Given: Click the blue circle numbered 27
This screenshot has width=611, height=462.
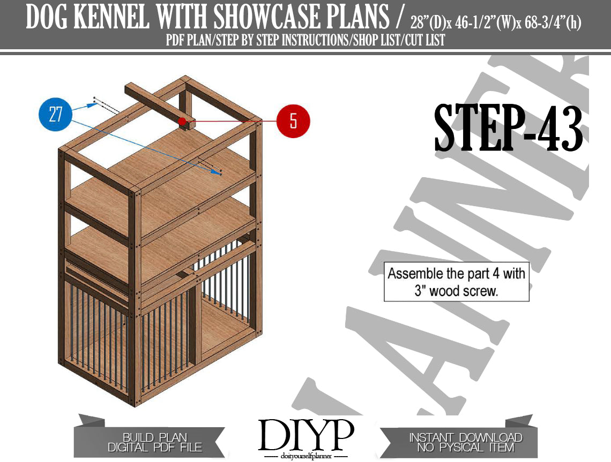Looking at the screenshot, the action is click(56, 114).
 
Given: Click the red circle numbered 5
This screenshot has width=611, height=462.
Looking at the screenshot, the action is click(293, 120).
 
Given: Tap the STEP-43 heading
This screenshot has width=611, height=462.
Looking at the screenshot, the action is click(509, 128).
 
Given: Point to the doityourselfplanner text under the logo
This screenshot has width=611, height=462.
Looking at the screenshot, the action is click(306, 456).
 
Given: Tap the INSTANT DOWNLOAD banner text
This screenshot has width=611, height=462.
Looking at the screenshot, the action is click(466, 437).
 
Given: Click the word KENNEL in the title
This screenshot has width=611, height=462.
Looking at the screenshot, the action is click(111, 17).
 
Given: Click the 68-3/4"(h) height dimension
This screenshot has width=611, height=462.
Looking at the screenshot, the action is click(553, 24).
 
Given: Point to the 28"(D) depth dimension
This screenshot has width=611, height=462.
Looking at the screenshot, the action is click(428, 24).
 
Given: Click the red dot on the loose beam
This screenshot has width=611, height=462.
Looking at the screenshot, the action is click(182, 121).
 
